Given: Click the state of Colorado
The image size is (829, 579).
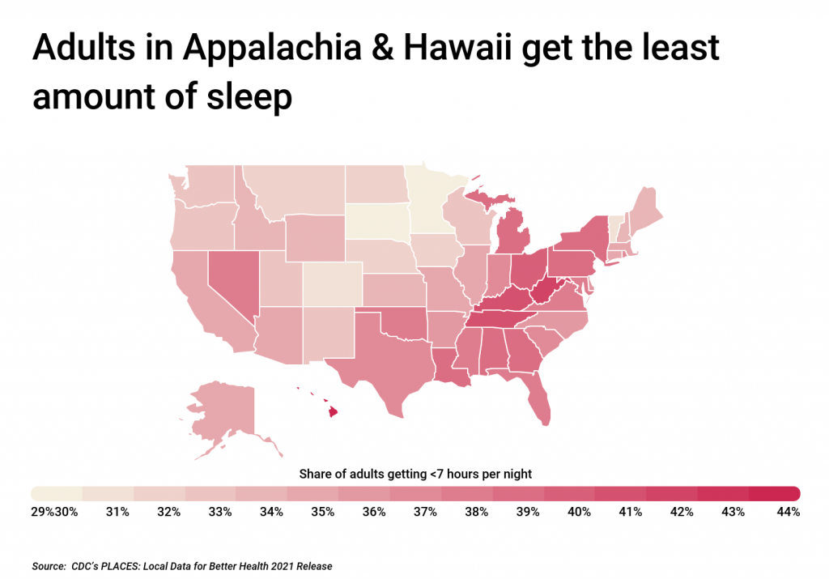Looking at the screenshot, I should [332, 283].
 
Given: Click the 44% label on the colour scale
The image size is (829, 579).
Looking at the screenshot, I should [789, 512].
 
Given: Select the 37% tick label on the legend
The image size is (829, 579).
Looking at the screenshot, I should [425, 512].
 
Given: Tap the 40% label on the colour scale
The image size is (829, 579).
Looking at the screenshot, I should [580, 512].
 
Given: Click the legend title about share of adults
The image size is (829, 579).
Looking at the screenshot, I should [414, 473].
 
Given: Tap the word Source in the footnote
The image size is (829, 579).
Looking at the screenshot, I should [49, 567].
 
